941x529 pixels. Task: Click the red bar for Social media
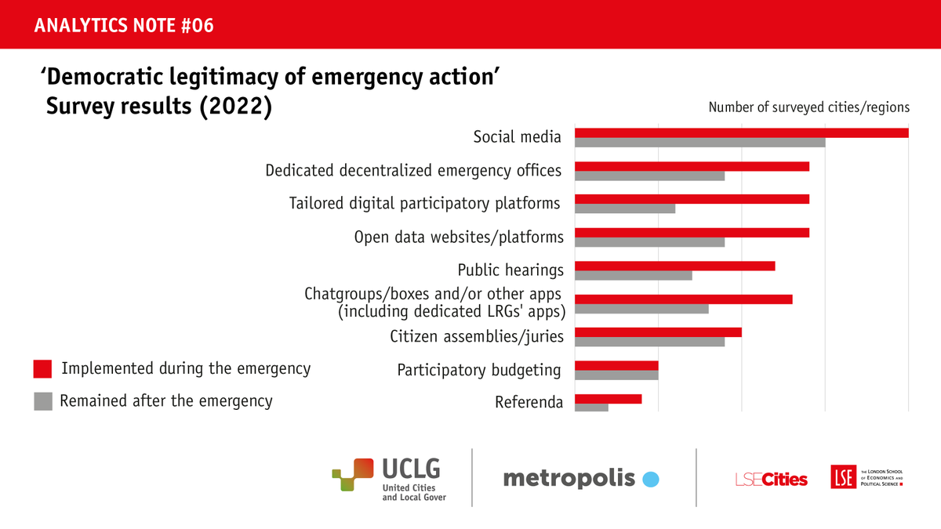(741, 132)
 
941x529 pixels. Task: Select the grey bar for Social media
(699, 143)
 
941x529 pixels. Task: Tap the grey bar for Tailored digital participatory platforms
(625, 208)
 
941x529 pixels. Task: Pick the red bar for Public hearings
(674, 266)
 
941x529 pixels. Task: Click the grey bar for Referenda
(591, 408)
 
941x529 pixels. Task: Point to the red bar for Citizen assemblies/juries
(658, 332)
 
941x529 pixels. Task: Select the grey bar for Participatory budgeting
(616, 375)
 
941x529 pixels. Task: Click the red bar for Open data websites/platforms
(692, 233)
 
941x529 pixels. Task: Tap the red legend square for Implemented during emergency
(43, 368)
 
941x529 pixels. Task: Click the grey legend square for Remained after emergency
(43, 401)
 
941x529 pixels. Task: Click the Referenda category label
(529, 403)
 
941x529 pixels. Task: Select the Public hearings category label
(510, 270)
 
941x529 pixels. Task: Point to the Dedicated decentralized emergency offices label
(413, 170)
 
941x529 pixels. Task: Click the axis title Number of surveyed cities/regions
(808, 107)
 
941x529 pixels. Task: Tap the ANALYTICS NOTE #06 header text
(124, 26)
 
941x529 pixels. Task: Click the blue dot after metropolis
(650, 479)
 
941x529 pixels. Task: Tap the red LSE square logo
(843, 476)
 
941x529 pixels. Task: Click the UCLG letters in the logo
(410, 469)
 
